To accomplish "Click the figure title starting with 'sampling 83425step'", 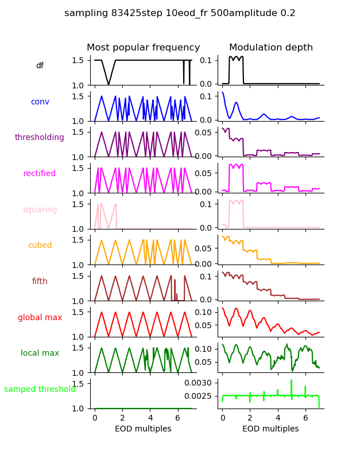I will click(x=180, y=13).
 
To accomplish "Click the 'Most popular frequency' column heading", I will click(x=143, y=48).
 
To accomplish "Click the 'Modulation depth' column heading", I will click(x=271, y=48).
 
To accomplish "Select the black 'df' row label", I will click(x=40, y=66).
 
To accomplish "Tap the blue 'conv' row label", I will click(x=40, y=102).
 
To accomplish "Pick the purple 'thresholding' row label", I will click(x=40, y=138).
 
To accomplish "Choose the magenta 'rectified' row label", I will click(x=40, y=174).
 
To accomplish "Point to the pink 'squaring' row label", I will click(x=40, y=210).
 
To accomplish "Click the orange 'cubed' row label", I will click(x=40, y=246).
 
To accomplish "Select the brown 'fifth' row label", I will click(x=40, y=282).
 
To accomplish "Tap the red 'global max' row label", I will click(x=40, y=318).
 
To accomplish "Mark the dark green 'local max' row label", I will click(x=40, y=353).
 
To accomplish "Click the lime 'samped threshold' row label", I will click(x=40, y=390).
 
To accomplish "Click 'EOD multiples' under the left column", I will click(x=143, y=429).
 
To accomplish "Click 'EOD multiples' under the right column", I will click(x=270, y=429).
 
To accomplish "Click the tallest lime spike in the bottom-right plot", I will click(x=291, y=381).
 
